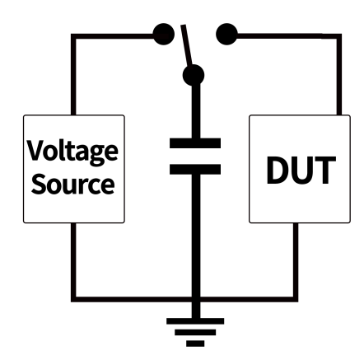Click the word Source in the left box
tap(72, 184)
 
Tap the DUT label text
tap(301, 171)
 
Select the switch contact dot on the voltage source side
tap(163, 34)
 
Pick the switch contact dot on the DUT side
tap(226, 34)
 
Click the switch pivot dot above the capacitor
tap(194, 75)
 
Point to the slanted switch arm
tap(187, 45)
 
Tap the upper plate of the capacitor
tap(195, 143)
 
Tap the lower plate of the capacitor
tap(195, 169)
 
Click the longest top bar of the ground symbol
tap(195, 321)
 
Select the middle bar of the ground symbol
tap(195, 332)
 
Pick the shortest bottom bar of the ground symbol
tap(195, 344)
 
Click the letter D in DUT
tap(277, 171)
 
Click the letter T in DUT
tap(325, 171)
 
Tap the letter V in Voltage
tap(35, 150)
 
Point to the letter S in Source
tap(39, 184)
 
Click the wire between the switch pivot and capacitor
tap(196, 111)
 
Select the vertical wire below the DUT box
tap(296, 260)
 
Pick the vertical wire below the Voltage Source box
tap(73, 260)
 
